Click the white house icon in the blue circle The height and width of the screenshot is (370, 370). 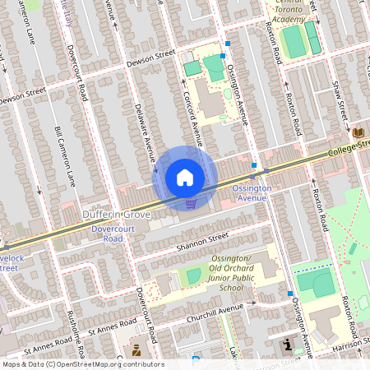click(185, 177)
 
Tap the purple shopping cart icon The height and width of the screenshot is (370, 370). click(191, 204)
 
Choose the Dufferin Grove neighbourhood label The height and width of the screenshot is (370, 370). click(115, 215)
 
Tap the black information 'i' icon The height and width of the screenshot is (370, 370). click(286, 343)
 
